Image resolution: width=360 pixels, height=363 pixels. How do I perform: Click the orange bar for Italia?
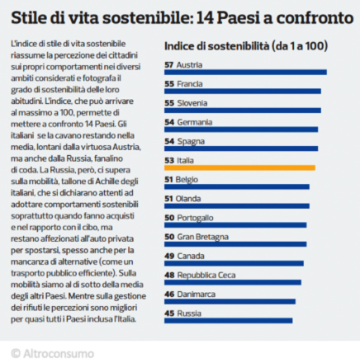tap(239, 167)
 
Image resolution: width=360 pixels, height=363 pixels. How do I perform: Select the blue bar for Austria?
tap(245, 73)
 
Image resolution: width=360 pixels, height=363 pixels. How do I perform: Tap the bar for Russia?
tap(229, 321)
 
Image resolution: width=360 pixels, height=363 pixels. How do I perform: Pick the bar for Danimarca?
tap(230, 302)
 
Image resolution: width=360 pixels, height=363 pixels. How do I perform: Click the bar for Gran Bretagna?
tap(235, 244)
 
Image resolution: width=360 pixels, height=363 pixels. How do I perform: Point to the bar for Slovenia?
tap(243, 111)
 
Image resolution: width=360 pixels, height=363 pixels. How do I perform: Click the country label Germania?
tap(195, 122)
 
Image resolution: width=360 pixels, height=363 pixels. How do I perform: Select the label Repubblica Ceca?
tap(206, 276)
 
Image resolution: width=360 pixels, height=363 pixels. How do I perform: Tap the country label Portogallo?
tap(195, 218)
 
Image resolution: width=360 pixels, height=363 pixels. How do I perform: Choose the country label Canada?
tap(191, 256)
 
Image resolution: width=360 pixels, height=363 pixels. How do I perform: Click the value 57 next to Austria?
tap(169, 65)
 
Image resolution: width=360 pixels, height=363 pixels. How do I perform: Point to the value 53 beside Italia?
tap(169, 160)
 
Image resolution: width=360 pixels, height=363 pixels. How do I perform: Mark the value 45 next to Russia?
tap(169, 313)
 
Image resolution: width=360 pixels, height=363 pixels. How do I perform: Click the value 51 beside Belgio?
tap(168, 180)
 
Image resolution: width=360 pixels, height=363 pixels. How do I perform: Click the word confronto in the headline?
tap(315, 18)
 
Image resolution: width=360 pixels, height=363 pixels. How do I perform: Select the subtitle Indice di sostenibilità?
tap(216, 46)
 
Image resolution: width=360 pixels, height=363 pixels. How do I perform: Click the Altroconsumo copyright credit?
tap(52, 354)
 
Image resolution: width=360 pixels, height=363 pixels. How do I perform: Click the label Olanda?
tap(188, 199)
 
